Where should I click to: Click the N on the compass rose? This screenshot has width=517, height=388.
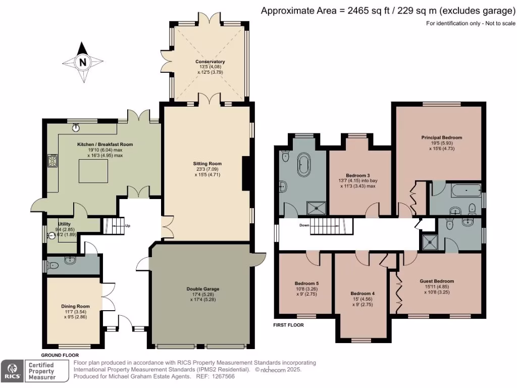click(83, 62)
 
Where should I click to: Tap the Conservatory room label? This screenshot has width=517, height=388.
click(210, 62)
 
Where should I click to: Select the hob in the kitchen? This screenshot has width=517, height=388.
click(53, 161)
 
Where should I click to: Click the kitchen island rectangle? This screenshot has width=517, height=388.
click(93, 171)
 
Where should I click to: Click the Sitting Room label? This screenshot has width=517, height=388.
click(208, 164)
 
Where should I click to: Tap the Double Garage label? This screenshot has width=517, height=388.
click(203, 289)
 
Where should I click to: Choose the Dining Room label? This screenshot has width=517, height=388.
click(76, 306)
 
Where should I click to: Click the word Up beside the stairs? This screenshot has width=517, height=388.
click(128, 226)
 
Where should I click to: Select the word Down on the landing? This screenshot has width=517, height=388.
click(304, 225)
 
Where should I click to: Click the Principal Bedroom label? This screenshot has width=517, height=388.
click(441, 137)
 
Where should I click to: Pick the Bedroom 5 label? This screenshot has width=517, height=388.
click(306, 283)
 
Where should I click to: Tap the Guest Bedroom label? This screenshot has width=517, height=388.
click(437, 281)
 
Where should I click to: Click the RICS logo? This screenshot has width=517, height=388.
click(12, 371)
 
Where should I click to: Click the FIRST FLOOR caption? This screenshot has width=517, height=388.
click(288, 325)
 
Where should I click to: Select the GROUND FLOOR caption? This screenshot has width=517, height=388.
click(60, 355)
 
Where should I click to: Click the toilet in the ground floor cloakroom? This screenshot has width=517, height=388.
click(53, 265)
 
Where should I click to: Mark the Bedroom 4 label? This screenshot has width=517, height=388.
click(363, 294)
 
